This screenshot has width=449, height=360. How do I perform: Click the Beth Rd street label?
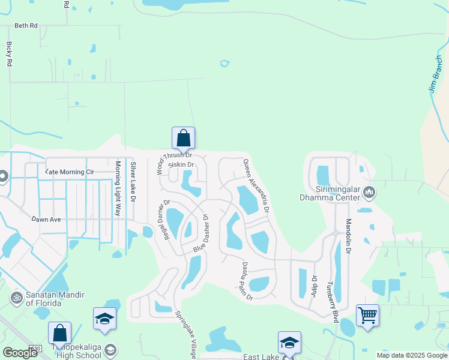26,26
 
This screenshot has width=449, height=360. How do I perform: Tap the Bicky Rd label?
9,53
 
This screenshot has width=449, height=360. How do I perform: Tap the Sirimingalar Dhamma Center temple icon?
369,193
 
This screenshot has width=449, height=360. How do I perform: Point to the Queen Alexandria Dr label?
256,185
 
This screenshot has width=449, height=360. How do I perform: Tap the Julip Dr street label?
313,287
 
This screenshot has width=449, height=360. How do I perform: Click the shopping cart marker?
367,314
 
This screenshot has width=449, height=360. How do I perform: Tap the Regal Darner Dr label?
163,220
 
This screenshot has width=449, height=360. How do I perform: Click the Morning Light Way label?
118,190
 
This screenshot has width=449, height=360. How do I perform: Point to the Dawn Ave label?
47,220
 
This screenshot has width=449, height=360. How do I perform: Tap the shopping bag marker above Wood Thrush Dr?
183,138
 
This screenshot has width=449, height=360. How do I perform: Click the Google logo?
20,353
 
